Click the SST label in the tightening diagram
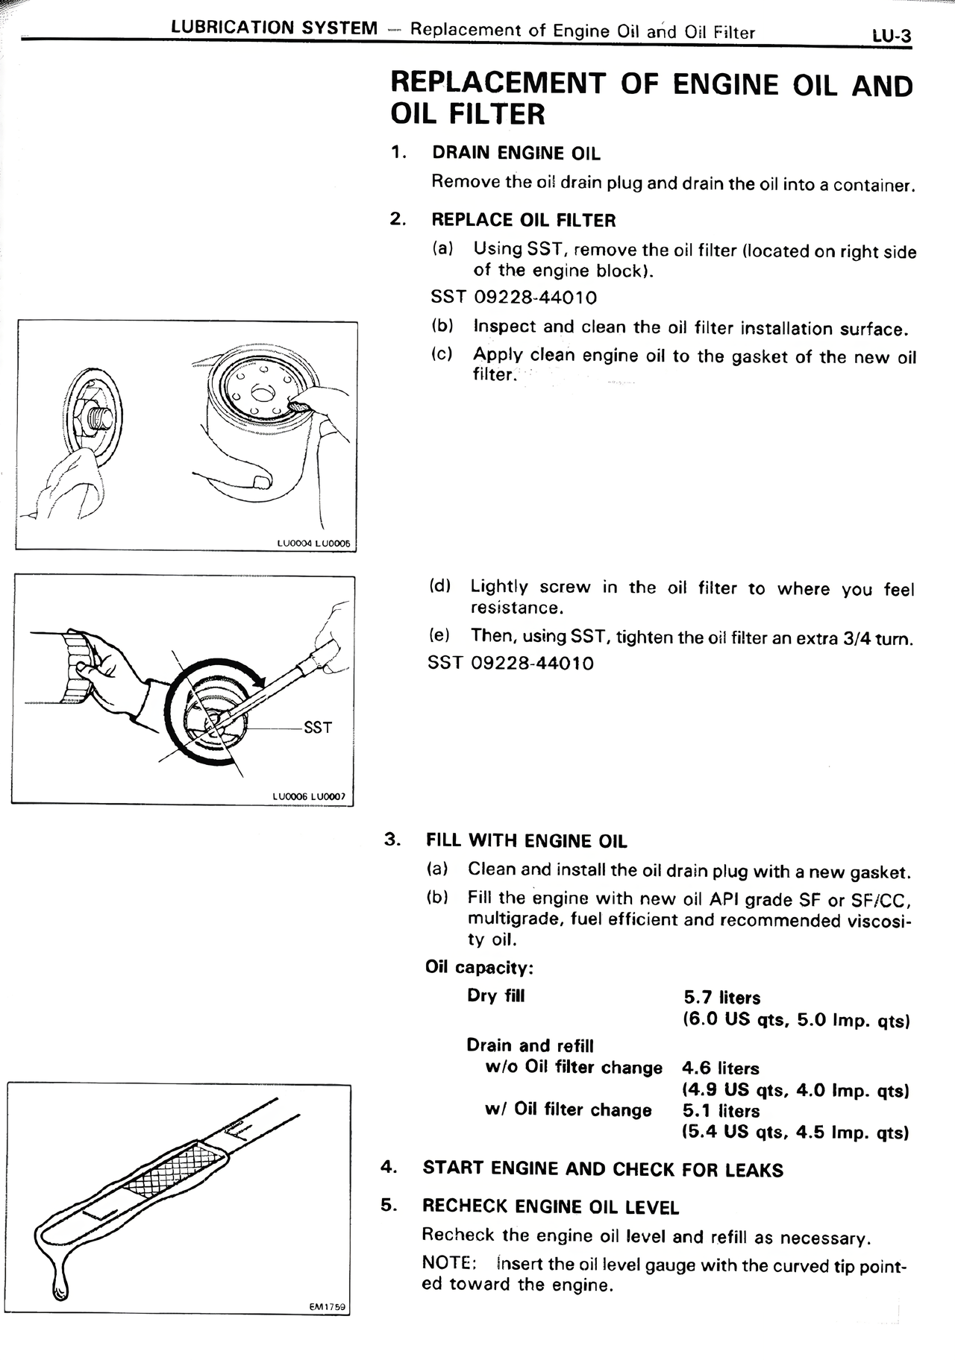(318, 727)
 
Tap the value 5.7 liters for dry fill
(721, 998)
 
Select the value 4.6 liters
(720, 1068)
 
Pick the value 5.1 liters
(720, 1111)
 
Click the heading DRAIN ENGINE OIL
(516, 154)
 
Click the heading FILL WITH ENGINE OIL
(526, 841)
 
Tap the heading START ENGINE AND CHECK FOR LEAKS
(602, 1169)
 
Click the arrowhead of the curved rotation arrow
(260, 678)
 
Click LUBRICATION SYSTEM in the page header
(275, 28)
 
